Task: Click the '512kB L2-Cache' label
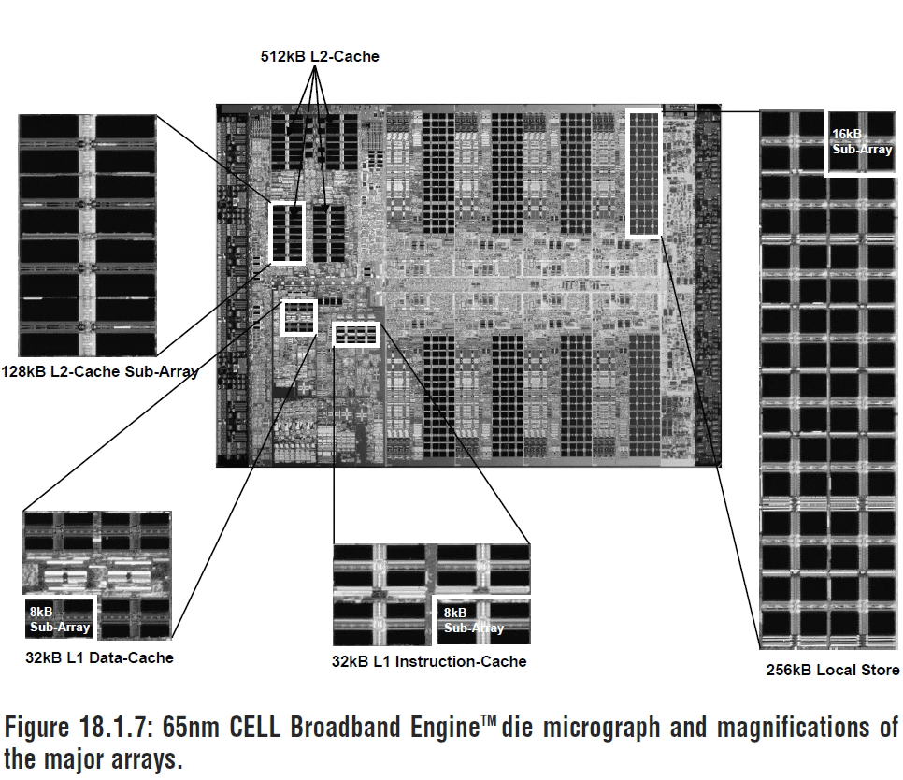point(320,57)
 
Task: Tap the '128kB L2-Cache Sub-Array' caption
point(101,371)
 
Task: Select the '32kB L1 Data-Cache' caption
point(99,657)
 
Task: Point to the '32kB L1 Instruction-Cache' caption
point(429,661)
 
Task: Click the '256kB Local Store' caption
point(832,669)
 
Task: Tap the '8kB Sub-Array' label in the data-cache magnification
point(59,619)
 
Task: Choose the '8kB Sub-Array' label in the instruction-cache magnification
point(473,621)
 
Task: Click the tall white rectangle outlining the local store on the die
point(643,173)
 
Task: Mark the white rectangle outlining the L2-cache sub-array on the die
point(287,233)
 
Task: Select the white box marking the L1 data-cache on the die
point(299,317)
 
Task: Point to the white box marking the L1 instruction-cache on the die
point(355,334)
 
